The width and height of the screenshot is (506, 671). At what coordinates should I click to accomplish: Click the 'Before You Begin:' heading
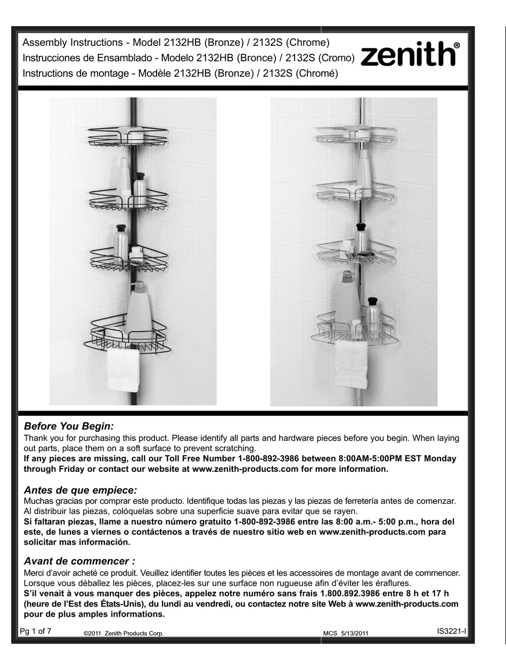[x=69, y=427]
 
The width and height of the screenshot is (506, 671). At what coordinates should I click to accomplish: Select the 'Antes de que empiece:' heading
[x=80, y=489]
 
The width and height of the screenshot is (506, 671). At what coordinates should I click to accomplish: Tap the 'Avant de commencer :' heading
[x=79, y=561]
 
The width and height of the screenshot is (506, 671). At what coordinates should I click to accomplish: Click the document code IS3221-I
[x=451, y=631]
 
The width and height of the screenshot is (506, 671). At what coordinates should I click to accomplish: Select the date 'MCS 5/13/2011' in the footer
[x=346, y=633]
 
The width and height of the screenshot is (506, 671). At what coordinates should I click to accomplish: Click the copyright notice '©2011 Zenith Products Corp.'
[x=124, y=633]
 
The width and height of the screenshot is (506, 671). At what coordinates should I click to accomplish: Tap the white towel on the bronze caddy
[x=123, y=369]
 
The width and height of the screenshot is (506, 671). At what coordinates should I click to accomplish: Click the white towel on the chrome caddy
[x=352, y=364]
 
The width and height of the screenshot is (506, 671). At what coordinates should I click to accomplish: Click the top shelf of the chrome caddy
[x=356, y=135]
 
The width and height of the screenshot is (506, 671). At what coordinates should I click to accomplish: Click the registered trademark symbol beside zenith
[x=456, y=46]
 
